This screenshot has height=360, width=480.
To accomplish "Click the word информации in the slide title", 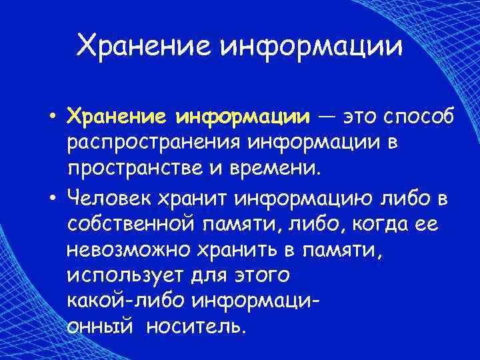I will coord(311,46).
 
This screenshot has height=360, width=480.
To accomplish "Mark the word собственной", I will coord(133,224).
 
